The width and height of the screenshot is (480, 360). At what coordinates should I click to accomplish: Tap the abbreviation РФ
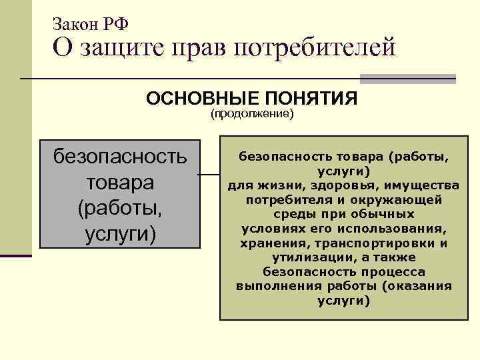(116, 24)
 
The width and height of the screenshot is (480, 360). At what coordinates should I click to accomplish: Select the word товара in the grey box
(120, 182)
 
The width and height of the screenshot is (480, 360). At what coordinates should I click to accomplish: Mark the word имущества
(415, 185)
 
